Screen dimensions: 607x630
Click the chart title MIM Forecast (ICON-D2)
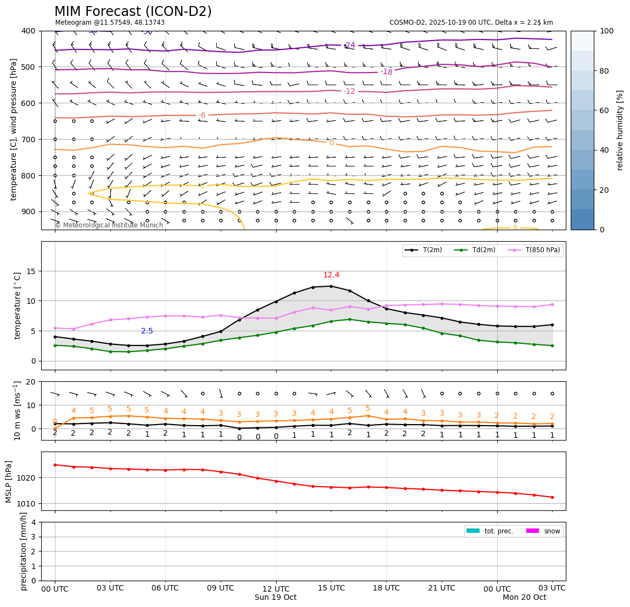tap(133, 12)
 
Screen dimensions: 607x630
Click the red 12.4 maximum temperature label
tap(331, 275)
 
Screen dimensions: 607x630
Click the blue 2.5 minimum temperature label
tap(147, 331)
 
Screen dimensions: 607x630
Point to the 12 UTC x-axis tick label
tap(276, 588)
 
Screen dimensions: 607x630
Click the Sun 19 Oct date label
tap(276, 598)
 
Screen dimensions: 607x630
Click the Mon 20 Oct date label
tap(525, 598)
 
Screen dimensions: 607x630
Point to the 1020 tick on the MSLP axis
tap(25, 478)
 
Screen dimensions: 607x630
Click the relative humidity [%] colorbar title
tap(620, 130)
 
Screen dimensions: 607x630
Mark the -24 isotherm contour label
tap(350, 45)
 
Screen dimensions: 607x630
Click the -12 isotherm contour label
tap(350, 91)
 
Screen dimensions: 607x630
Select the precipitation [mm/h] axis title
tap(24, 551)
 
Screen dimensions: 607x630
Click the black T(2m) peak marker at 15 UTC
tap(331, 286)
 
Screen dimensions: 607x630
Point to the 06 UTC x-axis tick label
tap(165, 588)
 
